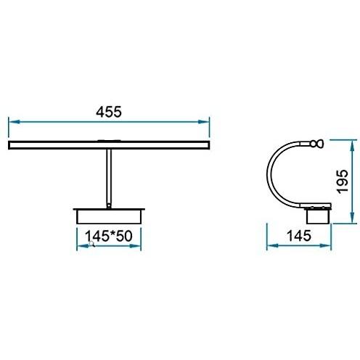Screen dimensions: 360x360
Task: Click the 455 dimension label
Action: pos(109,112)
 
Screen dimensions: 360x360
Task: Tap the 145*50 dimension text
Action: pos(109,236)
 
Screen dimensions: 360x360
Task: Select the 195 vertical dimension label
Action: pos(343,181)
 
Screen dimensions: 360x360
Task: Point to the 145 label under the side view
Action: pos(299,236)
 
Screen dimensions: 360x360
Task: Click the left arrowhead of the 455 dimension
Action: pos(14,122)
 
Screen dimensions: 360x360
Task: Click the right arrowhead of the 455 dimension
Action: pos(204,122)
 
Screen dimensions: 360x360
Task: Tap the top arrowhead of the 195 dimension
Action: pos(353,146)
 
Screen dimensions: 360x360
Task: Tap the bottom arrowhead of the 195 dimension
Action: pos(353,218)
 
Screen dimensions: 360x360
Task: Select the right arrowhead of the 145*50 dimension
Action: pos(135,246)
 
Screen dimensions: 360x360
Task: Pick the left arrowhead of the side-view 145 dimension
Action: pos(272,246)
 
